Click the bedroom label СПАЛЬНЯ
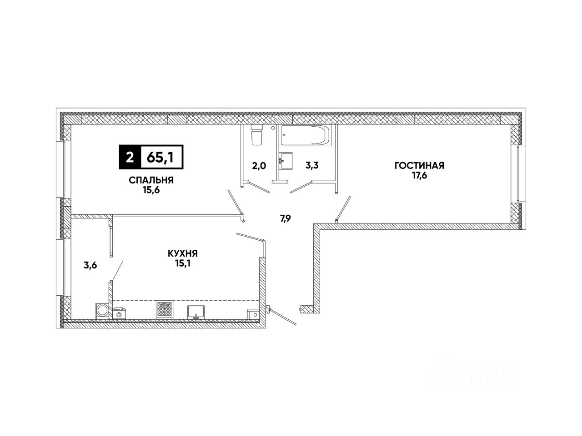151,180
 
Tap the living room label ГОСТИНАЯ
419,166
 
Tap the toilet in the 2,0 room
257,135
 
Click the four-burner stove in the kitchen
165,309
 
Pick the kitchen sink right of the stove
196,311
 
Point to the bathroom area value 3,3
311,166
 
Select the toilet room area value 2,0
259,166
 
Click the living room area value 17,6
419,175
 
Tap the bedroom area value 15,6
151,190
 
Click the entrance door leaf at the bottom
282,316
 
